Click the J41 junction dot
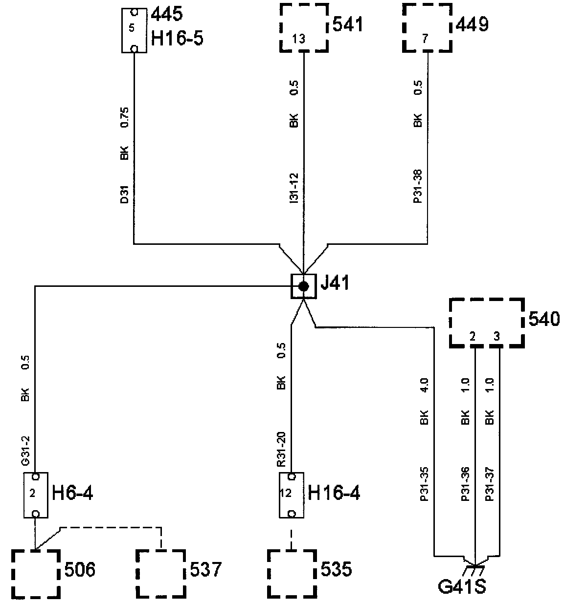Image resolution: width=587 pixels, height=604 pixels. click(304, 286)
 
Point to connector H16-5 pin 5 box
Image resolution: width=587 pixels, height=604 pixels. click(133, 29)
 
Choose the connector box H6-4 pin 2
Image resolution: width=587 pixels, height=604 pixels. click(36, 495)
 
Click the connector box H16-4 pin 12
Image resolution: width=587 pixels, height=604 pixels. click(291, 495)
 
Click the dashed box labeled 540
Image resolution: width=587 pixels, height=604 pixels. click(486, 323)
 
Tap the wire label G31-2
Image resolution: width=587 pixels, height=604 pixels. click(25, 454)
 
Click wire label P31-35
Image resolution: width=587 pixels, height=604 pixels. click(425, 484)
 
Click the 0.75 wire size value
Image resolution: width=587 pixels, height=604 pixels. click(124, 118)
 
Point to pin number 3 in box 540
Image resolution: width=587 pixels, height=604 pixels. click(497, 337)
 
